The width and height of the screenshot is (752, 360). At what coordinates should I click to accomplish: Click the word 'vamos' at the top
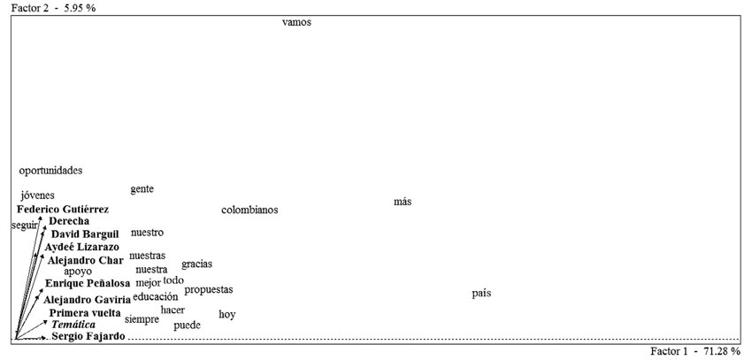tap(296, 23)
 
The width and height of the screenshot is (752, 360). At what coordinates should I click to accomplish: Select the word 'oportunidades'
tap(50, 171)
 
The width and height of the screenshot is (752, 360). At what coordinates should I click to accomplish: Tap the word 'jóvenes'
tap(37, 195)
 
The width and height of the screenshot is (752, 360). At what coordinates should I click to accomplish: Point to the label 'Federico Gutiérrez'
tap(63, 210)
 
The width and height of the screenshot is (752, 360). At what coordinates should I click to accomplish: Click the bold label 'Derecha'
tap(68, 221)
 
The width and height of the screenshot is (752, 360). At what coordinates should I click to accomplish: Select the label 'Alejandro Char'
tap(85, 261)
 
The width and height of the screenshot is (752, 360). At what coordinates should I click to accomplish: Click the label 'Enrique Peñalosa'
tap(88, 284)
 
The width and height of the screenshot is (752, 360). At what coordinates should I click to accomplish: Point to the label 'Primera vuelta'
tap(85, 313)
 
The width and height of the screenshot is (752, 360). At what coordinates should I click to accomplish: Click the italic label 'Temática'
tap(73, 326)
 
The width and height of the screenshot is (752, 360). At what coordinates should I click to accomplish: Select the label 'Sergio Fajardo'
tap(88, 337)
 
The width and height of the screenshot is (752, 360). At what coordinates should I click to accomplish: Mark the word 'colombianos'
tap(249, 211)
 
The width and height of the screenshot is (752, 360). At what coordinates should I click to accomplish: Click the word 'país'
tap(481, 293)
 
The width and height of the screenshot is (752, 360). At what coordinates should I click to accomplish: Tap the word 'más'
tap(403, 203)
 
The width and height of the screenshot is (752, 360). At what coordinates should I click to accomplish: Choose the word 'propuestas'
tap(209, 290)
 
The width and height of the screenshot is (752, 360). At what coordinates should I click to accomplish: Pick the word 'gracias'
tap(196, 264)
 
